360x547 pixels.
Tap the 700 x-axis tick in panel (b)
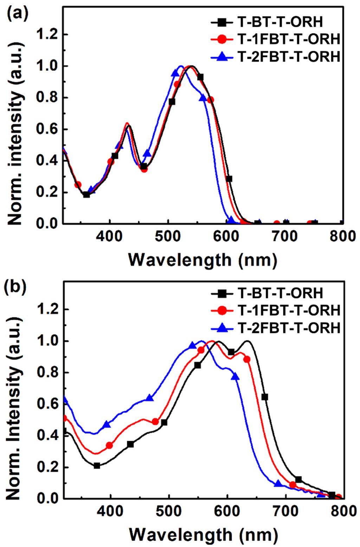coord(285,511)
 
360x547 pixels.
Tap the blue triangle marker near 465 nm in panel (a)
coord(147,153)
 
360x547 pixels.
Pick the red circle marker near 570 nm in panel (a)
coord(210,100)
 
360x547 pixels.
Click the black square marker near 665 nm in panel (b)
coord(265,397)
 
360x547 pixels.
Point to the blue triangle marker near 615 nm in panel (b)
coord(236,377)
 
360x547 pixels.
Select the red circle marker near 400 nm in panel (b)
coord(109,445)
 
